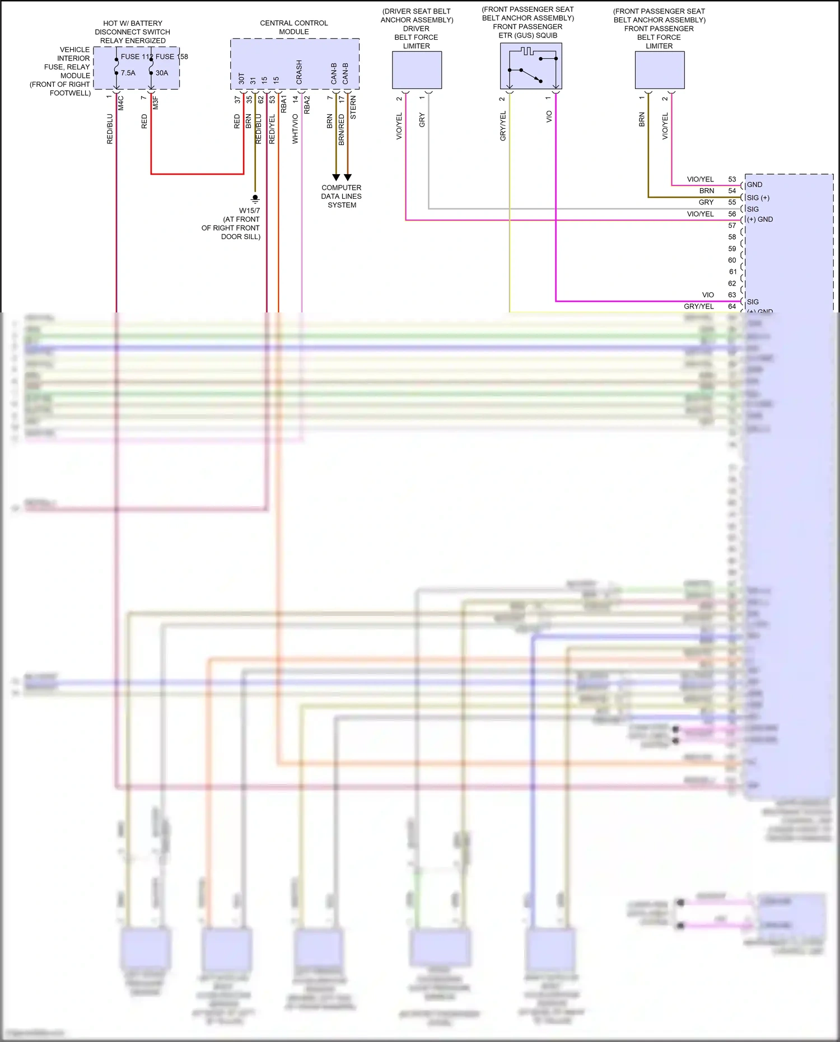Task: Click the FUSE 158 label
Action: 171,57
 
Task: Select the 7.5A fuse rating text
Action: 128,73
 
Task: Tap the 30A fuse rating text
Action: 162,73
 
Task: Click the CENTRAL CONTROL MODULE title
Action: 294,27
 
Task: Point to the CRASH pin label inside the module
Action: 299,72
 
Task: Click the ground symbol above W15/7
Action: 255,198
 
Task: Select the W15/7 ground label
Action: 249,211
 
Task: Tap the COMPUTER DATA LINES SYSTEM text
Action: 341,196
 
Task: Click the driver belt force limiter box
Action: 417,70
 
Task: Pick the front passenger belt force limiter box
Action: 659,70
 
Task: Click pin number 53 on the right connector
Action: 732,179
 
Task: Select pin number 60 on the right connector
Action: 732,260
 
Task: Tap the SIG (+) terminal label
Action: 758,198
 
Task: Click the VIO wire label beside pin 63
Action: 708,295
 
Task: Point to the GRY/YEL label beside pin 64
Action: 698,306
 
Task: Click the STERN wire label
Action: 353,108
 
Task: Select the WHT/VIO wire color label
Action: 295,129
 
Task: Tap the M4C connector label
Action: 120,102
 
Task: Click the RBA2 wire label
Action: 307,105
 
